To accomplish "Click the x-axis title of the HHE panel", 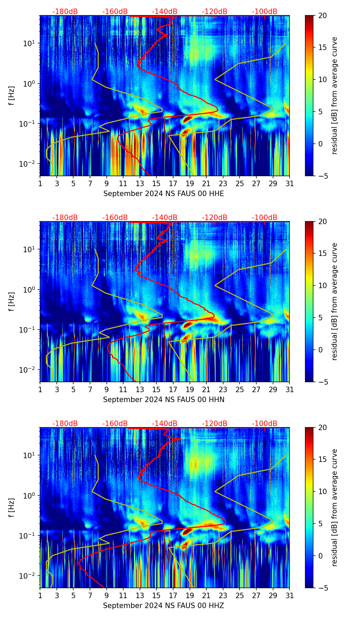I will tap(164, 194).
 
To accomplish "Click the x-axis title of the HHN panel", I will tap(164, 400).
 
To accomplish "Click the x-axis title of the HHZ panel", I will tap(164, 606).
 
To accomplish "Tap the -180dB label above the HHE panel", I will tap(65, 12).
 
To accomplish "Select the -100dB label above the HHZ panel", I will tap(265, 424).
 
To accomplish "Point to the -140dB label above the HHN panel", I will tap(165, 218).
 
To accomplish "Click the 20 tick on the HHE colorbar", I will tap(322, 16).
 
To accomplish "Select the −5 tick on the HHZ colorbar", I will tap(322, 588).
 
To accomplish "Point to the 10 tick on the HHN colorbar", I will tap(322, 285).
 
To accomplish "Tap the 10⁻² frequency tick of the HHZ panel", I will tap(31, 576).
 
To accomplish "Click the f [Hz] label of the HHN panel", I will tap(11, 302).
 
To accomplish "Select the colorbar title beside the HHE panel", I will tap(334, 96).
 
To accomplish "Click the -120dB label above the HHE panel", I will tap(215, 12).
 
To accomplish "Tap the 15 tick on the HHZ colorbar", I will tap(322, 459).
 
